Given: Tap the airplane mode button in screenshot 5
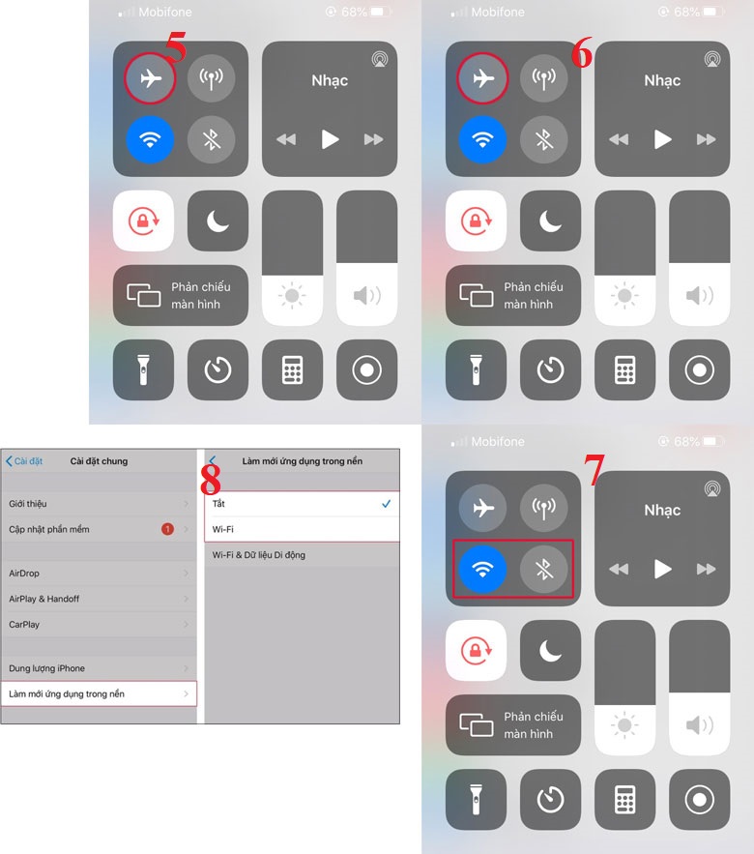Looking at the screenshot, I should coord(150,78).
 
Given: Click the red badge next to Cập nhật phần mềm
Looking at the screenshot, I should coord(167,529).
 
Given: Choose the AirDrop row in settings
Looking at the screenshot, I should coord(97,574).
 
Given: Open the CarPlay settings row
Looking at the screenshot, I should coord(97,625).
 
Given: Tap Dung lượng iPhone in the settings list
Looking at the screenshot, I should coord(97,668).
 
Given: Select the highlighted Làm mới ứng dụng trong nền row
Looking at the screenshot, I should coord(97,693).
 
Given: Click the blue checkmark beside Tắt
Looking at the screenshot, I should coord(386,504).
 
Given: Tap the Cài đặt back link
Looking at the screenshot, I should coord(24,461).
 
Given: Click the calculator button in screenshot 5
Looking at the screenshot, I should coord(292,369).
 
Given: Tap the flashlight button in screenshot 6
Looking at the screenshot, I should coord(475,369).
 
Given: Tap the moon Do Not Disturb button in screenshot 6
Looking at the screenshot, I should coord(550,221).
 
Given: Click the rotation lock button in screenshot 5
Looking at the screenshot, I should coord(143,221).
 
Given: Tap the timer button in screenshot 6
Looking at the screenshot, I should coord(550,369).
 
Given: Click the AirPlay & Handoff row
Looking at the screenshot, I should coord(97,599).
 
